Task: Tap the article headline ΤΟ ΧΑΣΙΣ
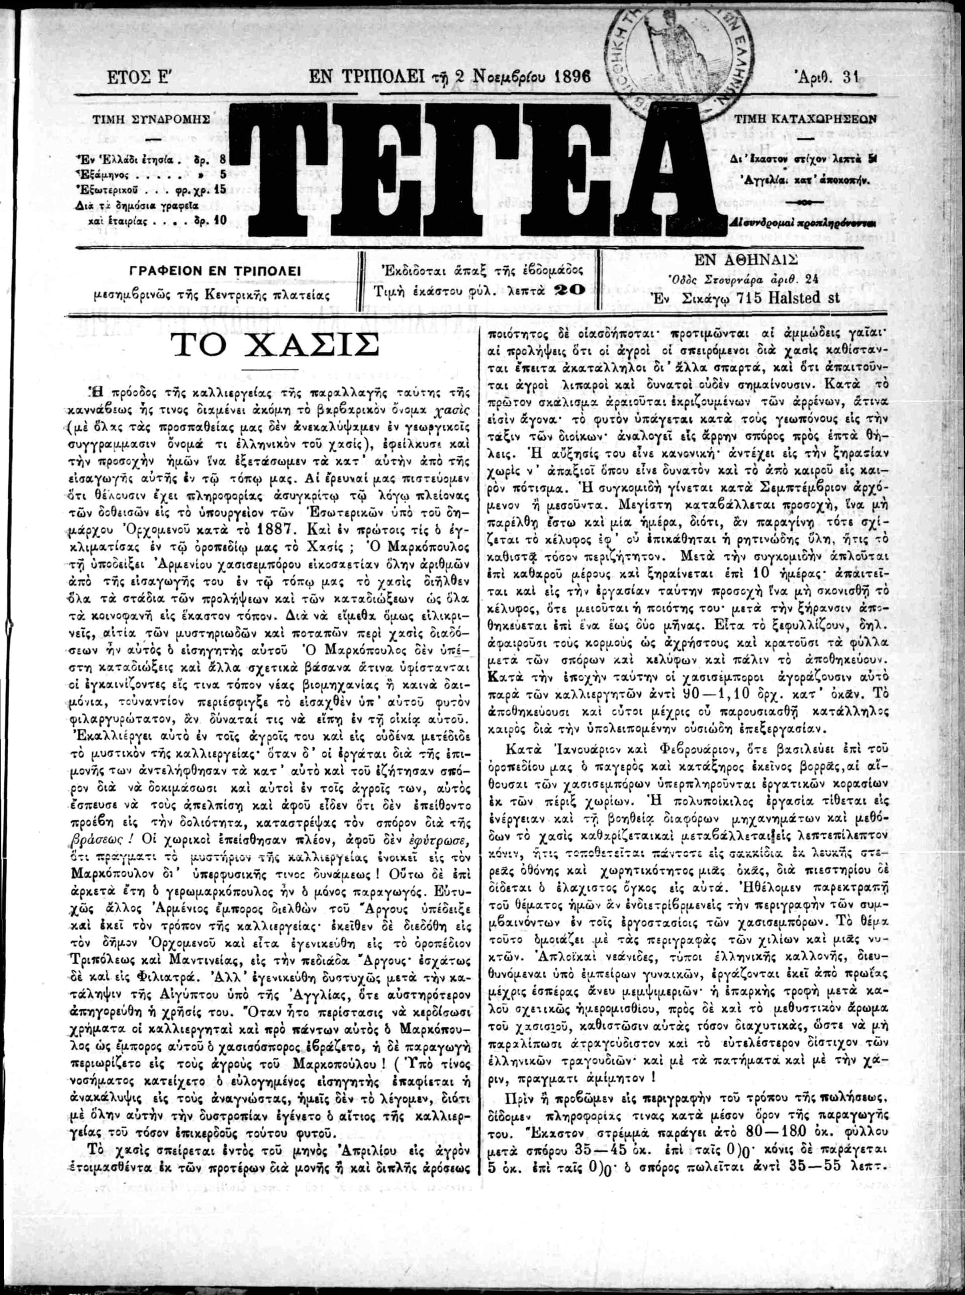pos(273,348)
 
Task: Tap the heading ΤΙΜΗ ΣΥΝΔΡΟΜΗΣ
pos(150,118)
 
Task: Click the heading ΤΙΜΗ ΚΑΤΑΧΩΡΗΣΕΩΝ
pos(806,119)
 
